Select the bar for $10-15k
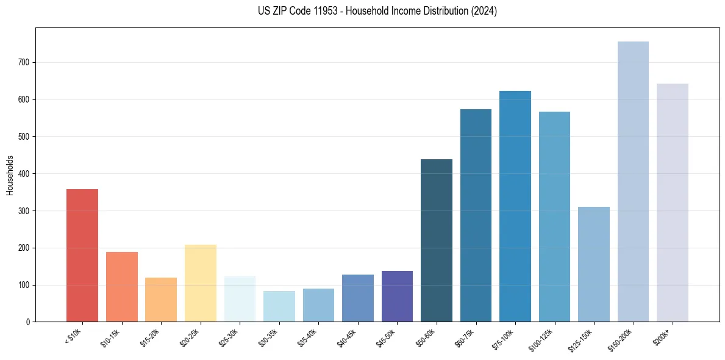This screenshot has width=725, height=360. [x=122, y=287]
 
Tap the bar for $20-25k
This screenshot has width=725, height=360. [x=201, y=283]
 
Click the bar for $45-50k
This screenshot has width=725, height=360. [x=397, y=296]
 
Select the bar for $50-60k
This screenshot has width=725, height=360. [x=437, y=240]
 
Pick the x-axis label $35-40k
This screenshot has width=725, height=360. [x=307, y=337]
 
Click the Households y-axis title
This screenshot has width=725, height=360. [x=10, y=175]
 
